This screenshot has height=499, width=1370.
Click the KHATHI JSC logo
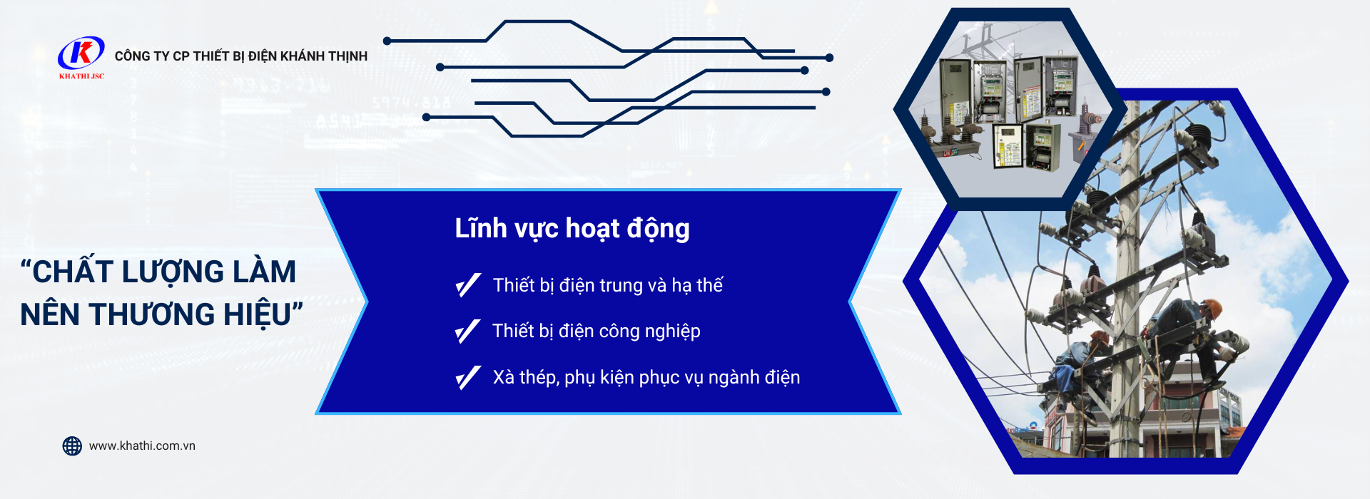[x=81, y=57]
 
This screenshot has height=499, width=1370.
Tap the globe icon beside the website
[x=72, y=446]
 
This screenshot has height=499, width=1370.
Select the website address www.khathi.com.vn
[x=142, y=446]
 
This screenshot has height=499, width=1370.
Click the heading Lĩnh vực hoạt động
[x=572, y=229]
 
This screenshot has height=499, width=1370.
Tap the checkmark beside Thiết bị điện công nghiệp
[x=468, y=331]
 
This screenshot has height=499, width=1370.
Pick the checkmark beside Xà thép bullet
[x=468, y=378]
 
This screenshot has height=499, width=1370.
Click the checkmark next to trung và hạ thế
[x=468, y=285]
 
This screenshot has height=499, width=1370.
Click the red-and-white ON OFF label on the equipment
[x=950, y=152]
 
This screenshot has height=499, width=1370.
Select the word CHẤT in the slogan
[x=73, y=272]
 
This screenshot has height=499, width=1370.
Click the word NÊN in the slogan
[x=51, y=314]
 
